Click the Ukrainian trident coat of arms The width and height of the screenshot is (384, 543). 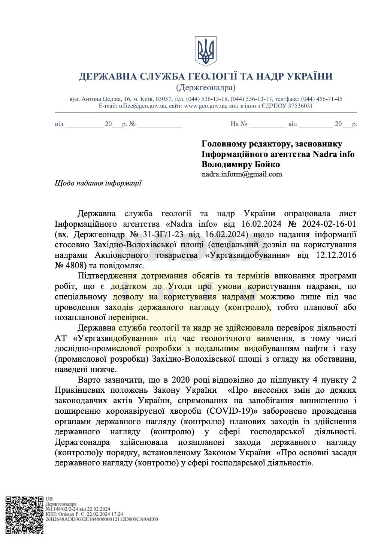coord(206,51)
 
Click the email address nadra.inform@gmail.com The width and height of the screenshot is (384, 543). coord(242,174)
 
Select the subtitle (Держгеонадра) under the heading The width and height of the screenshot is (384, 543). coord(206,88)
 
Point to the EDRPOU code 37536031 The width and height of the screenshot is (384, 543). coord(298,106)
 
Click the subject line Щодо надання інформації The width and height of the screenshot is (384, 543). coord(98,183)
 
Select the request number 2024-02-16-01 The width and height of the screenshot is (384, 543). coord(327,224)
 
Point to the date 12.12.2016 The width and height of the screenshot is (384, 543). coord(336,255)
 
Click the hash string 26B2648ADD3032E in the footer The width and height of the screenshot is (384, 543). coord(75,519)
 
